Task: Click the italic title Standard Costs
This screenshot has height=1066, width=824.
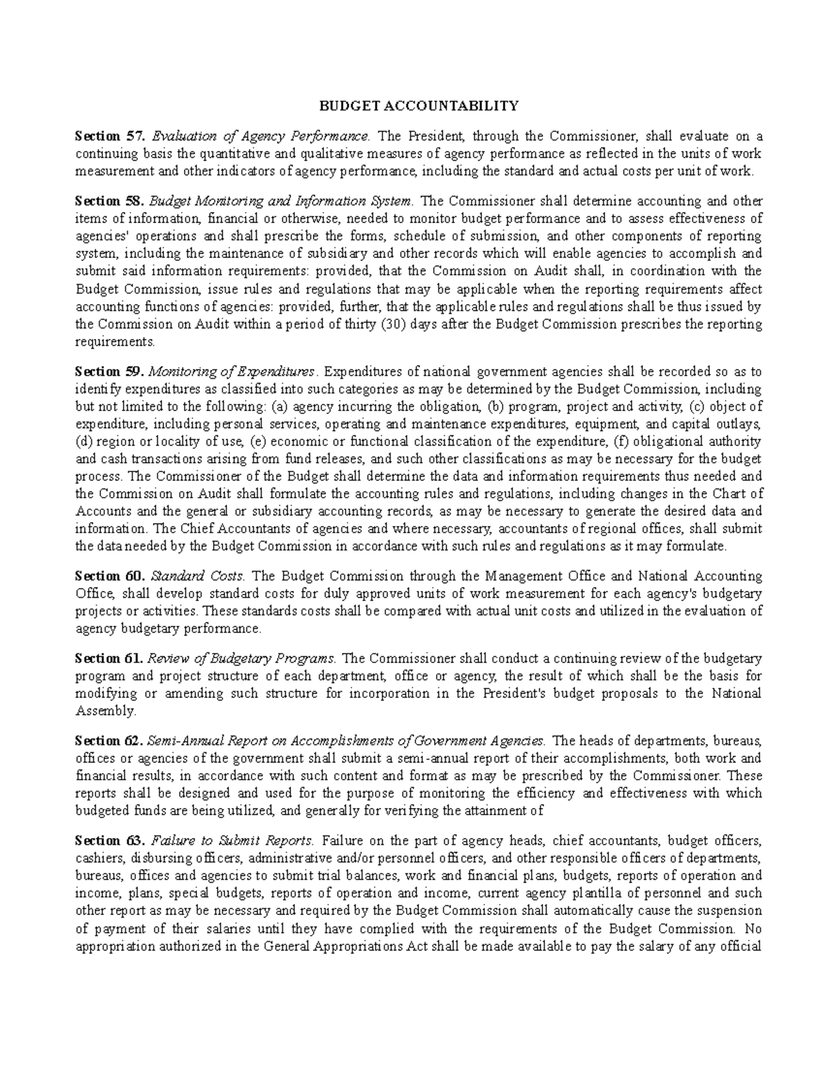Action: [x=202, y=576]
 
